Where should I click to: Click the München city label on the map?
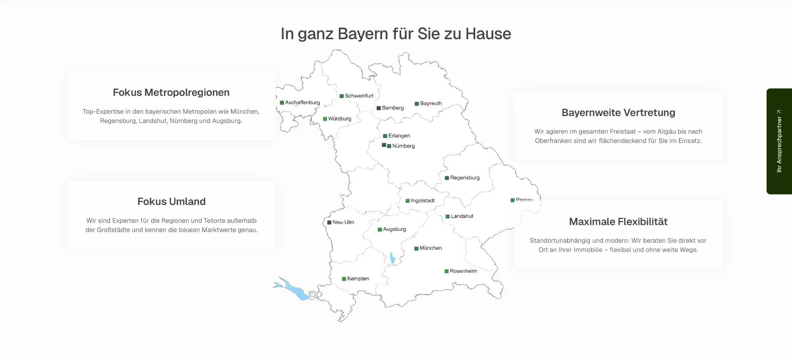(430, 248)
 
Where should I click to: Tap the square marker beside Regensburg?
(447, 178)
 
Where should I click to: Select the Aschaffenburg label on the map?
(302, 103)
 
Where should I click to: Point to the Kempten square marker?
(344, 279)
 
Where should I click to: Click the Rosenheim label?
(463, 271)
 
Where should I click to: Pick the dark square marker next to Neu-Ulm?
(329, 223)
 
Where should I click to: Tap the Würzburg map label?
(339, 119)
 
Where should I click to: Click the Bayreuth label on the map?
(431, 103)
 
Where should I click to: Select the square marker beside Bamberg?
(379, 108)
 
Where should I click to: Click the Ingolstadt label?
(423, 201)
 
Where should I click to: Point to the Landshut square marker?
(447, 217)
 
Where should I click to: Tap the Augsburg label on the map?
(394, 229)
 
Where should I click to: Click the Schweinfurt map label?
(359, 96)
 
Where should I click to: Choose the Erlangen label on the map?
(399, 136)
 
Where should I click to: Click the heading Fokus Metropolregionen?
(171, 92)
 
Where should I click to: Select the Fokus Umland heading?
(171, 202)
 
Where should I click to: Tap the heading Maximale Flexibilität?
(618, 222)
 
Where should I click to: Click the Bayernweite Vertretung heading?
(618, 112)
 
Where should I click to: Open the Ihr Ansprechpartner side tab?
(779, 141)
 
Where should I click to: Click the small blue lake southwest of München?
(392, 258)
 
